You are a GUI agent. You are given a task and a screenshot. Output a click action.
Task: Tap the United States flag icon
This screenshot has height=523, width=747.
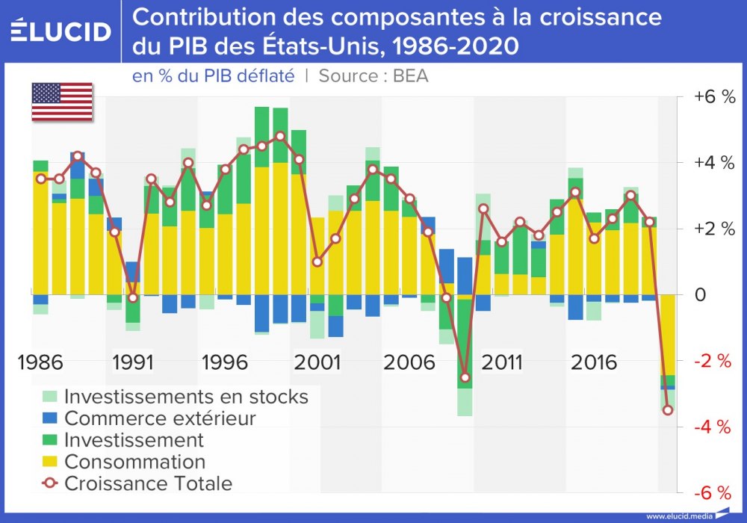pos(62,102)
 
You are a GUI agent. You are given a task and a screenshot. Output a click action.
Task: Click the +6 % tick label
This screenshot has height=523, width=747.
pos(714,97)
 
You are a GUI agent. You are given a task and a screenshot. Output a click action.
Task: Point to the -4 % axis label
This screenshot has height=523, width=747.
pos(714,427)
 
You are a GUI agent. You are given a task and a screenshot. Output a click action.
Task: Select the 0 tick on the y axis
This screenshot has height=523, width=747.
pos(700,294)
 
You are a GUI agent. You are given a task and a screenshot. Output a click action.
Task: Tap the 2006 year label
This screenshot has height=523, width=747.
pos(409,363)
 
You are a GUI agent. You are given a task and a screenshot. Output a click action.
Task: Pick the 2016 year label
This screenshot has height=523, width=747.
pos(594,363)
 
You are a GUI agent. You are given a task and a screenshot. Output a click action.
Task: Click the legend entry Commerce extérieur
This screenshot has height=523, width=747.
pos(160,418)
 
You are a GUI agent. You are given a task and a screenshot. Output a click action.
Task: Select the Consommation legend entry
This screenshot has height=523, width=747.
pos(134,461)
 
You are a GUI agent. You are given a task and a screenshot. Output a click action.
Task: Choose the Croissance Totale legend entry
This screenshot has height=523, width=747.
pos(148,483)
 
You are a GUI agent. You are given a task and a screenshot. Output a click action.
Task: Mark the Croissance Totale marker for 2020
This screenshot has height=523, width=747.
pos(668,409)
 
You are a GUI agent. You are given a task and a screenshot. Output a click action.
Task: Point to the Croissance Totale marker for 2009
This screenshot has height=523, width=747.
pos(465,377)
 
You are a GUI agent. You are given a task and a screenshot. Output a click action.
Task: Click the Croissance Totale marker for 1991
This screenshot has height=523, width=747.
pos(132,297)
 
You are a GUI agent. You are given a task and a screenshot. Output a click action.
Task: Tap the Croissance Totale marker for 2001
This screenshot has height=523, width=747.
pos(317,261)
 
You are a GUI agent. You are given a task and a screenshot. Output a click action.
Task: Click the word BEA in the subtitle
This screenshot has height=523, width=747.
pos(410,75)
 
